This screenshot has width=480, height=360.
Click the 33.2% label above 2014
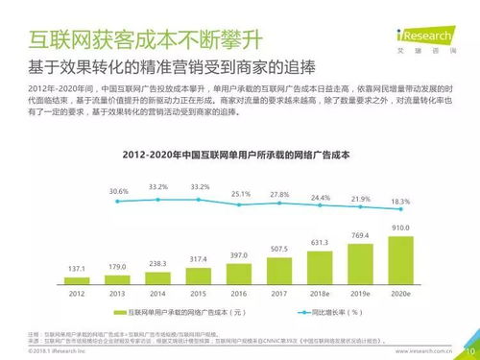pos(158,186)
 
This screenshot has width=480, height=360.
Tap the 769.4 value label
pos(359,235)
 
